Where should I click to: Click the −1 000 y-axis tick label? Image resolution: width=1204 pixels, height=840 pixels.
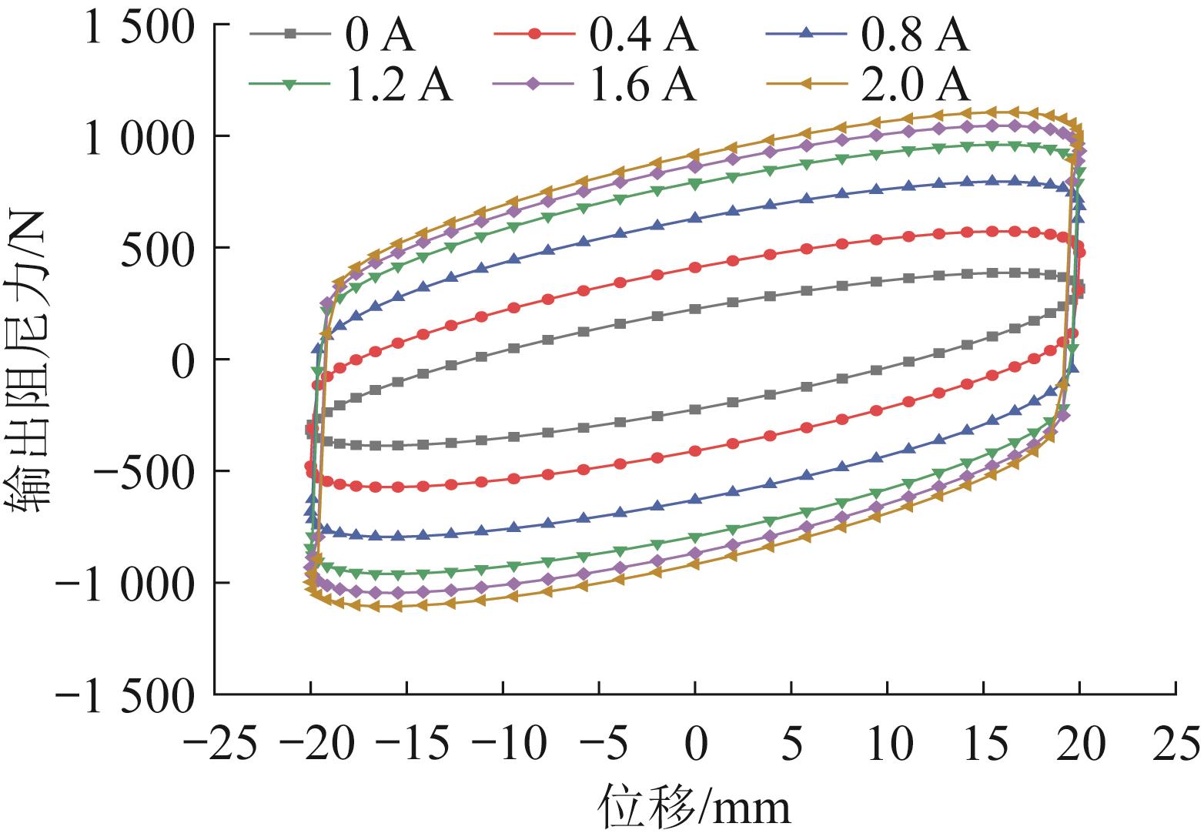click(127, 584)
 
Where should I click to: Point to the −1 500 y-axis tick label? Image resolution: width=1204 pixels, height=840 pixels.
click(127, 695)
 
